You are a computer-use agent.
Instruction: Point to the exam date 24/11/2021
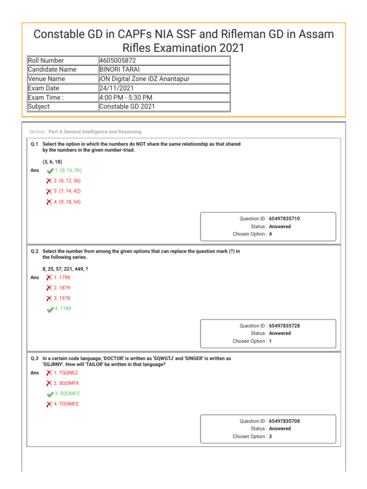(x=117, y=88)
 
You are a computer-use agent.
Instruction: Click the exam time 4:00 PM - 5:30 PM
(x=126, y=97)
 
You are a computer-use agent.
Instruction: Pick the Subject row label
(x=39, y=106)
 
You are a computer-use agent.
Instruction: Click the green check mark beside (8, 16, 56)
(x=50, y=170)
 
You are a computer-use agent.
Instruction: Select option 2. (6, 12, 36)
(x=67, y=181)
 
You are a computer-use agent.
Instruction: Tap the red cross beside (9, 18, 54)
(x=49, y=202)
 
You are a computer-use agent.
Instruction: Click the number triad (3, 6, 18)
(x=52, y=162)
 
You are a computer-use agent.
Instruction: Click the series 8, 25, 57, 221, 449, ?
(x=65, y=269)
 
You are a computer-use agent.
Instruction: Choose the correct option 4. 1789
(x=63, y=308)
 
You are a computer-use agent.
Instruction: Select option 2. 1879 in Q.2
(x=62, y=288)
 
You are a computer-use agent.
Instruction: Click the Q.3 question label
(x=34, y=358)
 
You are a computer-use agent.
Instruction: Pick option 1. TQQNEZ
(x=65, y=372)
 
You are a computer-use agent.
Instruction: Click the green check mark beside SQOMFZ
(x=50, y=394)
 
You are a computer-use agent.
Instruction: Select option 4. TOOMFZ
(x=66, y=404)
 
